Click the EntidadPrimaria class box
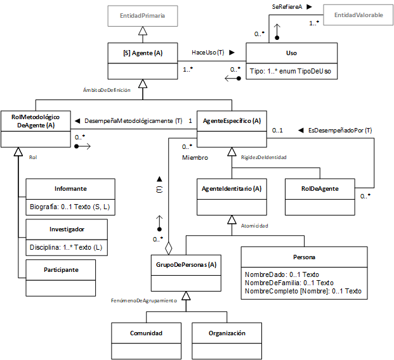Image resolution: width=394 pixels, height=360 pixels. [143, 16]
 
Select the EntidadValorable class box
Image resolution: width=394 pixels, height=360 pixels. [358, 15]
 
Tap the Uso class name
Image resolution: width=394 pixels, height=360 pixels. [291, 53]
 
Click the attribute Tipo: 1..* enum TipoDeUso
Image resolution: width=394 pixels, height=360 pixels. [290, 71]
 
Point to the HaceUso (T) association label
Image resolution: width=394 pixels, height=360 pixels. [208, 52]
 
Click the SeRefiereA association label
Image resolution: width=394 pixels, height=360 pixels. [287, 7]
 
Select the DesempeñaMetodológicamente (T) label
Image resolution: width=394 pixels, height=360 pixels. [133, 121]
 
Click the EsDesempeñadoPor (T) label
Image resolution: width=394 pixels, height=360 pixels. [340, 131]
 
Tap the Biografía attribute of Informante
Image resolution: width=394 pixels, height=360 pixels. [70, 207]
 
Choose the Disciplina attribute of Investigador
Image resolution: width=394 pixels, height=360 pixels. [66, 247]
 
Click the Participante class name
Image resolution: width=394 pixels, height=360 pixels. [61, 270]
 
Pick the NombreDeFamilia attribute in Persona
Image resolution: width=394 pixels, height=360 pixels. [289, 283]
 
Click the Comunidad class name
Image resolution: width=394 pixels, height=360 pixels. [146, 333]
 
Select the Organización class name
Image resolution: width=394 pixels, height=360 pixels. [227, 333]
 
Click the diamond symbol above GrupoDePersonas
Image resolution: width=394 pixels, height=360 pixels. [168, 248]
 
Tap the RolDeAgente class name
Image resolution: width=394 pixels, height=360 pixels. [320, 189]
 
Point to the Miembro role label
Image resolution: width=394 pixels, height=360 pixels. [195, 158]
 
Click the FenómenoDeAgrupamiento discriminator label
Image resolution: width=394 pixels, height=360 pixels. [144, 300]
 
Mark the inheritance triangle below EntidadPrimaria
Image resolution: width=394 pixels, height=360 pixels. [143, 31]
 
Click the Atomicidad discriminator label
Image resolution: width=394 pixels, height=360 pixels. [254, 226]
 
